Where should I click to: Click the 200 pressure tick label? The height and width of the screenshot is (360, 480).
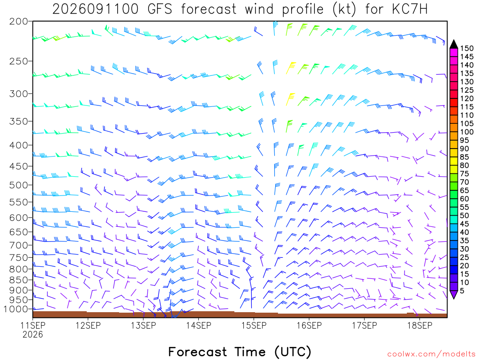tap(19, 22)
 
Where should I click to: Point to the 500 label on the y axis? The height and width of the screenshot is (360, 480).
tap(19, 185)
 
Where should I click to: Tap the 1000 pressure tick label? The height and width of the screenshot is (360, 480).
tap(16, 309)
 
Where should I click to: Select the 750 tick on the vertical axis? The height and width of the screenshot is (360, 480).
tap(19, 258)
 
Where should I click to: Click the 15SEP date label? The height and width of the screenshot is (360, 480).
tap(254, 325)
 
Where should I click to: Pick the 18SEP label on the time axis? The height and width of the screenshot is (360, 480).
tap(420, 325)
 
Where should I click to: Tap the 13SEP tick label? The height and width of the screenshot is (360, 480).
tap(143, 325)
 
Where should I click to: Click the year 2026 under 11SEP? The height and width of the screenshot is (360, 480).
tap(33, 335)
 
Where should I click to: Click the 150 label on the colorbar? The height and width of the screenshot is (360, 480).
tap(467, 48)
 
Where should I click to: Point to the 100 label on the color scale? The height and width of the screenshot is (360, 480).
tap(467, 132)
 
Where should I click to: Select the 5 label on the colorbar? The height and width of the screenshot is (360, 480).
tap(462, 291)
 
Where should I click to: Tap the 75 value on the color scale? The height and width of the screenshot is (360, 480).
tap(465, 174)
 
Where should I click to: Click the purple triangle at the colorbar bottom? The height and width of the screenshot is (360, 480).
tap(454, 294)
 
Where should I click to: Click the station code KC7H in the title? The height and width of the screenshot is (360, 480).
tap(410, 9)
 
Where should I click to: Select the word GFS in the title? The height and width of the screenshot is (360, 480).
tap(160, 9)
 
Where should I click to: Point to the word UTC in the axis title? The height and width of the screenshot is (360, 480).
tap(293, 352)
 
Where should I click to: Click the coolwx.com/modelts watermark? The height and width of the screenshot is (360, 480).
tap(431, 354)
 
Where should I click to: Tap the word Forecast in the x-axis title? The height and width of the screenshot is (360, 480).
tap(198, 352)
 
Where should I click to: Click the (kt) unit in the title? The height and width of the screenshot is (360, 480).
tap(345, 9)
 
